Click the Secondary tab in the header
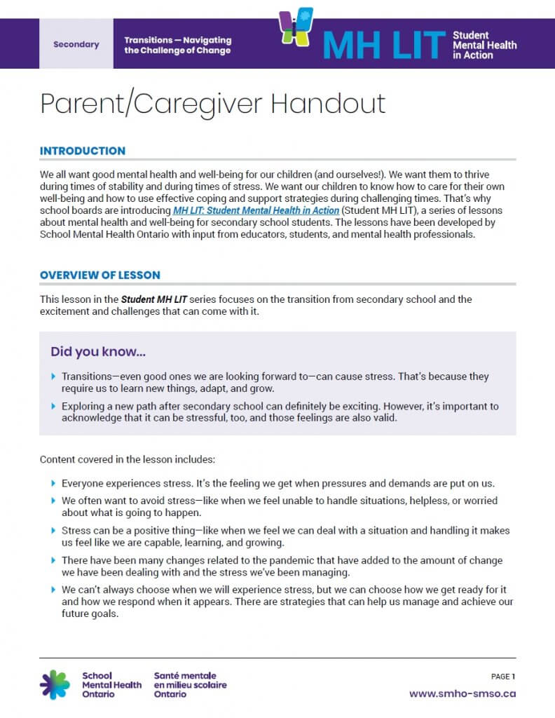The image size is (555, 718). tap(76, 44)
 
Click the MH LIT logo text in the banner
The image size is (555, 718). tap(384, 45)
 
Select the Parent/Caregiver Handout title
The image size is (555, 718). tap(212, 104)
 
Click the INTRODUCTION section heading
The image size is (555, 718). tap(83, 151)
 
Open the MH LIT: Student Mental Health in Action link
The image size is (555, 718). tap(256, 210)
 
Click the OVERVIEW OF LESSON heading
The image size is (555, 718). tap(100, 275)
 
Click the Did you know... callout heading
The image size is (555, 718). tap(98, 351)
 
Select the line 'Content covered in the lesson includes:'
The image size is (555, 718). tap(128, 460)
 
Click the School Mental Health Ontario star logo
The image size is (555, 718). tap(55, 684)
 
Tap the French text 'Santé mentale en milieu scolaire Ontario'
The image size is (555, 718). tap(190, 684)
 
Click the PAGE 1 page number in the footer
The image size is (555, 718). tap(502, 677)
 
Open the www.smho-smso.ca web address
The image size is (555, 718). tap(463, 693)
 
